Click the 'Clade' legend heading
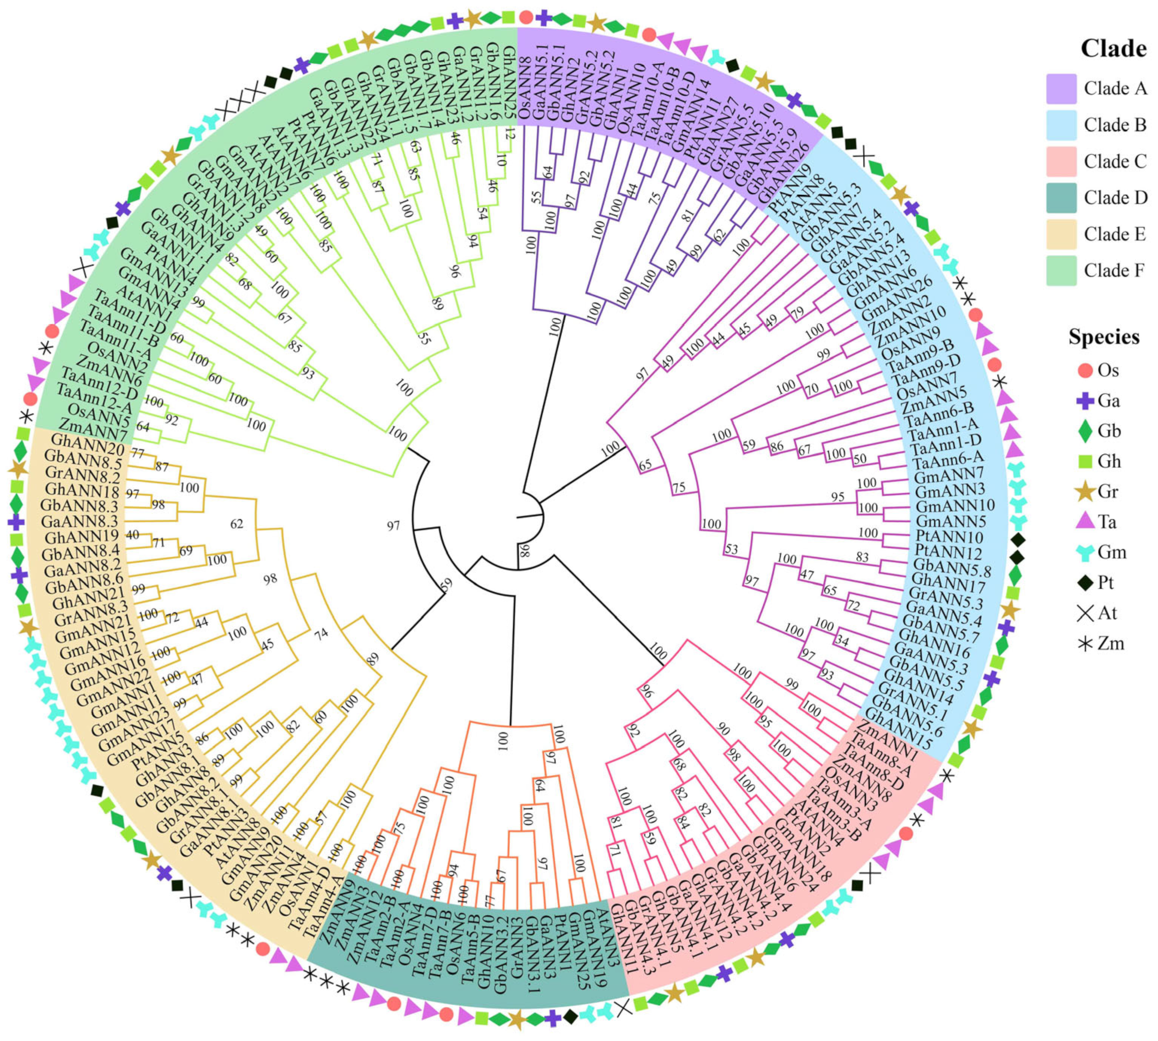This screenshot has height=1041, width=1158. click(x=1113, y=48)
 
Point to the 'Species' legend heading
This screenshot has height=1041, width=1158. click(x=1104, y=337)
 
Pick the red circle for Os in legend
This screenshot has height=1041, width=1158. click(x=1085, y=371)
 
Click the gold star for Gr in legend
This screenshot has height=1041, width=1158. click(x=1085, y=492)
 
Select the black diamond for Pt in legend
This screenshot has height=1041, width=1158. click(x=1085, y=583)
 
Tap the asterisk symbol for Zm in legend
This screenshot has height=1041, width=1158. click(x=1085, y=644)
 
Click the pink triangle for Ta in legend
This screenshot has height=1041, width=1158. click(x=1085, y=522)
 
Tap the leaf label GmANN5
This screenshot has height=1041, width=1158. click(x=951, y=522)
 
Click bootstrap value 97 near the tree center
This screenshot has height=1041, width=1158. click(x=394, y=525)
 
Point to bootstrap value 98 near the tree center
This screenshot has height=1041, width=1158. click(x=524, y=552)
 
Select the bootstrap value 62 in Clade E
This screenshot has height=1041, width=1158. click(x=236, y=524)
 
